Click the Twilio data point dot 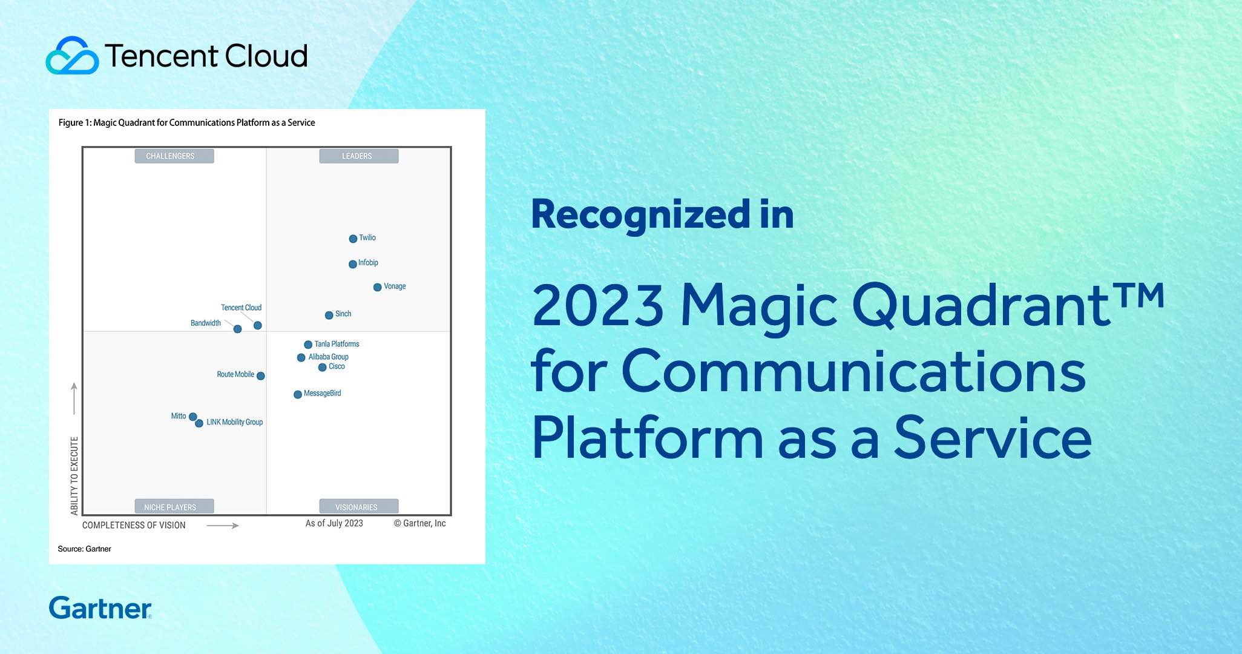(353, 239)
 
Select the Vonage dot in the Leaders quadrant (377, 287)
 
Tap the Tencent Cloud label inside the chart (241, 308)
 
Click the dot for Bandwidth (237, 329)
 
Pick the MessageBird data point (298, 394)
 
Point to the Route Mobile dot (261, 375)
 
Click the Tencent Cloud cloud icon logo (72, 56)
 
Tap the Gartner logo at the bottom (100, 608)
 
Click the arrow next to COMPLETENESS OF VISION (223, 526)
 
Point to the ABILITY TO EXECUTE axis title (74, 476)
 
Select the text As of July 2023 (334, 523)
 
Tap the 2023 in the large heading (597, 306)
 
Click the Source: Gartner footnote (85, 549)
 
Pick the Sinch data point (329, 315)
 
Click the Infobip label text (368, 262)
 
